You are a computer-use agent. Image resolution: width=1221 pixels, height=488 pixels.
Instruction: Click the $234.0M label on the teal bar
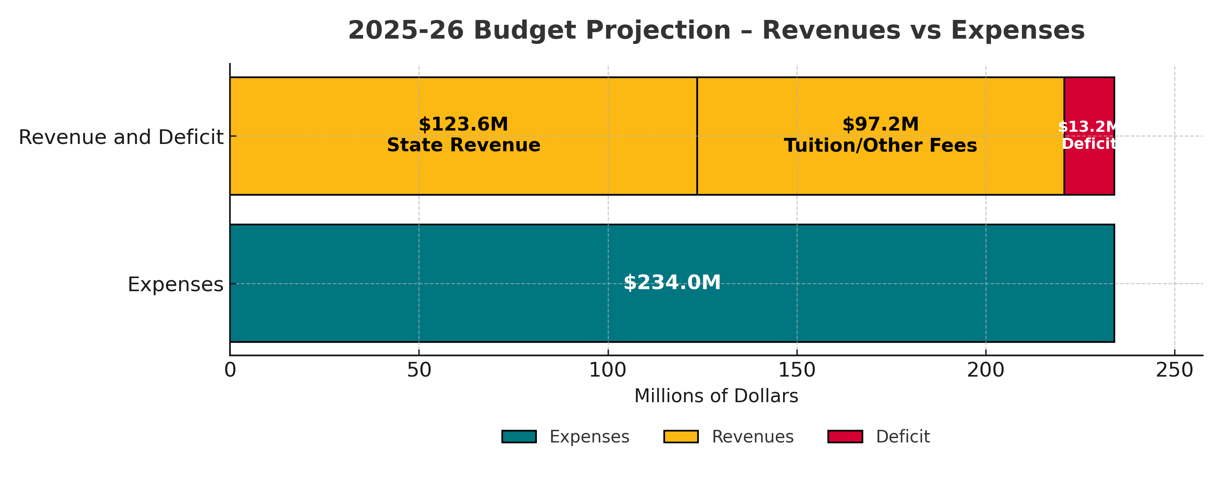tap(672, 283)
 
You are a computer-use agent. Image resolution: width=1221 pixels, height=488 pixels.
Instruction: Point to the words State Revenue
tap(463, 146)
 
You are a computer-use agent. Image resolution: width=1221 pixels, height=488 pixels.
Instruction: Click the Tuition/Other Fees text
tap(880, 146)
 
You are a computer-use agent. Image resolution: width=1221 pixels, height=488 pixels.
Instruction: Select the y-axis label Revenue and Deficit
tap(121, 137)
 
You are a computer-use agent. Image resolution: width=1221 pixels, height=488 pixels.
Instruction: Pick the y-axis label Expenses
tap(175, 285)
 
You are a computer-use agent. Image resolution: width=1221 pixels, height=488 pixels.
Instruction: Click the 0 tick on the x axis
tap(230, 370)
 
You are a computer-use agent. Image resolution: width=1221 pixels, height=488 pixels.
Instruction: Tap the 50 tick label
tap(419, 370)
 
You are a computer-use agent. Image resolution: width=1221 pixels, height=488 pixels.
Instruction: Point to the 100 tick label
tap(608, 370)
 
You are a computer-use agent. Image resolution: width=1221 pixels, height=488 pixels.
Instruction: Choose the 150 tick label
tap(797, 370)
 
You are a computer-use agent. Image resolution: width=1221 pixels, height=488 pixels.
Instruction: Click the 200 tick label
tap(986, 370)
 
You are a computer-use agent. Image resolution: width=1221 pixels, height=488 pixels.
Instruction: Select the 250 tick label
tap(1175, 370)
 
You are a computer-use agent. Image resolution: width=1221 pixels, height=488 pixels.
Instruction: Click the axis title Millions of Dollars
tap(716, 396)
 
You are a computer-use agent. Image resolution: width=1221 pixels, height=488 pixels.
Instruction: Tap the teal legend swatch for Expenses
tap(519, 436)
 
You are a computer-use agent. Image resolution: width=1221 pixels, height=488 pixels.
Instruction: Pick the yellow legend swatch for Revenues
tap(681, 436)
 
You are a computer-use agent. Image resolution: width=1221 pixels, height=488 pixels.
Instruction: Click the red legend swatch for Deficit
tap(845, 436)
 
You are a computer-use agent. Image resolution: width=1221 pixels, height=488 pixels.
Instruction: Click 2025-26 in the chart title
tap(406, 31)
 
